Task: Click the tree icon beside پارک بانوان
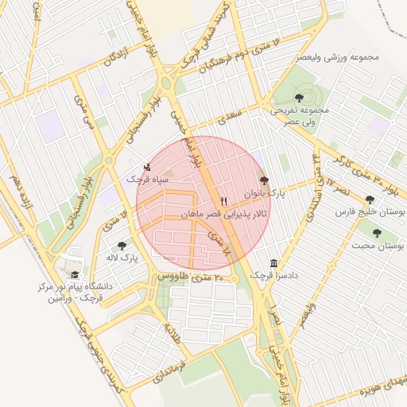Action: pyautogui.click(x=265, y=181)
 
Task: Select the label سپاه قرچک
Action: pyautogui.click(x=149, y=180)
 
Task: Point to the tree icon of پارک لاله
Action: pyautogui.click(x=121, y=246)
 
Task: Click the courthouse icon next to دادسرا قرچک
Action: pyautogui.click(x=273, y=263)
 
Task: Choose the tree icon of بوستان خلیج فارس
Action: pyautogui.click(x=369, y=200)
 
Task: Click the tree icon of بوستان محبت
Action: pyautogui.click(x=376, y=234)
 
